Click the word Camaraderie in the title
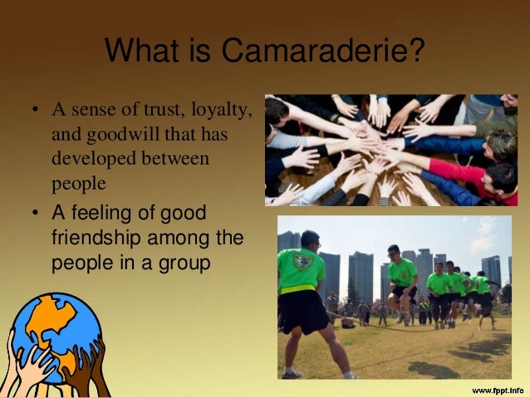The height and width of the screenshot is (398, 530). pyautogui.click(x=311, y=53)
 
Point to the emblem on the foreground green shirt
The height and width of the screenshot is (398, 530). pyautogui.click(x=306, y=262)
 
